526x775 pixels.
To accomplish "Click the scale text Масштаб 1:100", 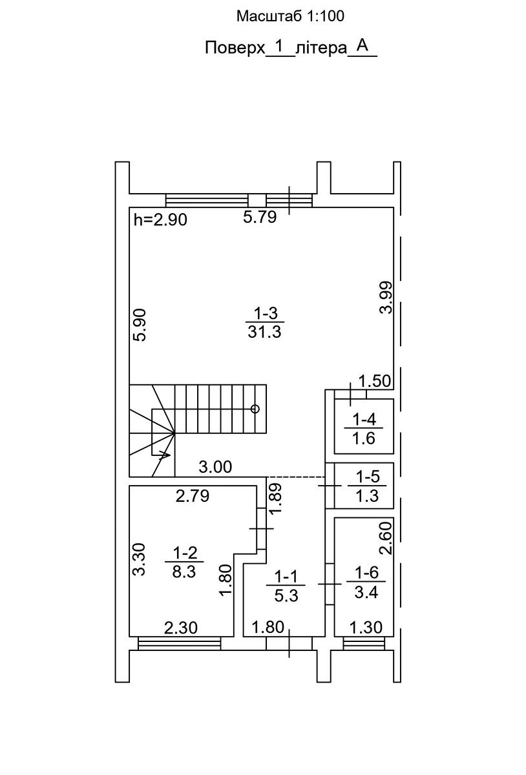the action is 290,16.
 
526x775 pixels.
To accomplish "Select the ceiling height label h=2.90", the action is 160,220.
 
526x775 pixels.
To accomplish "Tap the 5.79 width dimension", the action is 260,217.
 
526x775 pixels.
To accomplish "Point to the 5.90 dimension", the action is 141,325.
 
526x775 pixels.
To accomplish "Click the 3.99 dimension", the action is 386,297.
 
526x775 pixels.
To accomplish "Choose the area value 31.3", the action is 264,332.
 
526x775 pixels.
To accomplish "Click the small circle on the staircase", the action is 255,409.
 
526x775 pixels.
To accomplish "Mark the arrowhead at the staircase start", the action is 165,455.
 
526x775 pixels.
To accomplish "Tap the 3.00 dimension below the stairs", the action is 215,467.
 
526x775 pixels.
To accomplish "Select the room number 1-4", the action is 364,420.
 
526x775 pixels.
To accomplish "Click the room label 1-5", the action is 368,477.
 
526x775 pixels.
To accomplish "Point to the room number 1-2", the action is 185,553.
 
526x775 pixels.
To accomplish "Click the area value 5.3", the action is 286,595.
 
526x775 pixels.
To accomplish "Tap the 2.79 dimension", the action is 193,496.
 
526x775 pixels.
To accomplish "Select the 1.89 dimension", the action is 276,499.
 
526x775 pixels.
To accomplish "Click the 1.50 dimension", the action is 374,381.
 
